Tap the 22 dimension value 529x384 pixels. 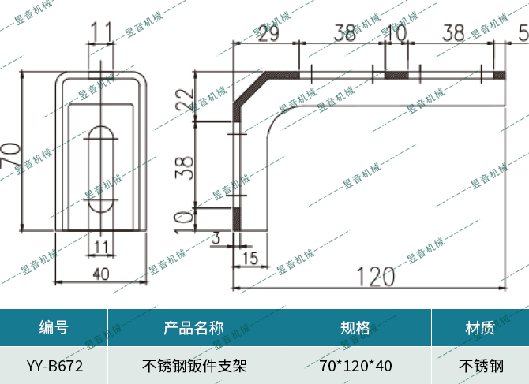[x=184, y=100]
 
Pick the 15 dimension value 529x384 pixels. [x=249, y=258]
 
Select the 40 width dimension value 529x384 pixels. [x=100, y=274]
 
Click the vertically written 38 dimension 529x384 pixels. [x=184, y=166]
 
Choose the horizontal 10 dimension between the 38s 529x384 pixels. [x=396, y=34]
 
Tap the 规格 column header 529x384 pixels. [x=355, y=328]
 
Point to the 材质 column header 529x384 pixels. [x=480, y=328]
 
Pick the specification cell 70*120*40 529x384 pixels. [x=355, y=366]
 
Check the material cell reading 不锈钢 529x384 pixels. [x=480, y=366]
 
